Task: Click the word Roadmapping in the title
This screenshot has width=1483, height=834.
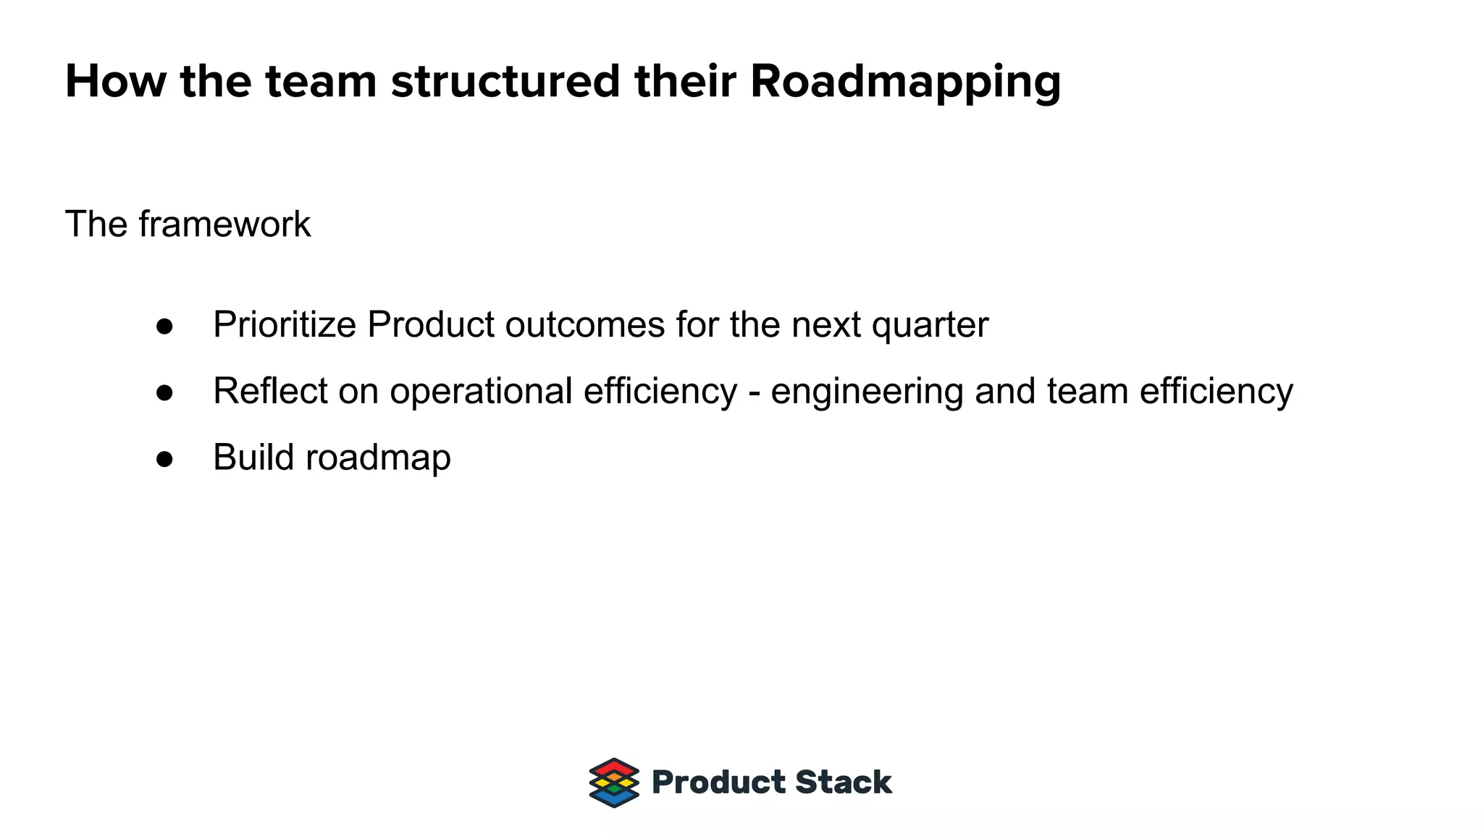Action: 905,83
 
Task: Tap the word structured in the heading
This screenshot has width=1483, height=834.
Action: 505,81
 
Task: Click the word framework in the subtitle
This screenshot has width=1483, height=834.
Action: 224,224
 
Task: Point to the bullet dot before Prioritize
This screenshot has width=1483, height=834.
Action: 165,327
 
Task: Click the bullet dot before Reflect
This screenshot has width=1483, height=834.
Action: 165,392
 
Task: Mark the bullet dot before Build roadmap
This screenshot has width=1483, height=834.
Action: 165,459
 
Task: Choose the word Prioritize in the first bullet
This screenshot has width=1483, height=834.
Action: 285,324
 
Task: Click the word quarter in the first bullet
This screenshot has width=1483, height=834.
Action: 930,326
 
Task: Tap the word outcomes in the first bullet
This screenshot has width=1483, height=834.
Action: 584,324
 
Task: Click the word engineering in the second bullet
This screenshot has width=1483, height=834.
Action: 867,392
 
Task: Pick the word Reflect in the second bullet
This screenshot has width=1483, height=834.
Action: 270,391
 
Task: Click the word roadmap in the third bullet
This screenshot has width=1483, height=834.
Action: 378,458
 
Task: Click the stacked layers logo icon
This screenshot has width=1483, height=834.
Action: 614,783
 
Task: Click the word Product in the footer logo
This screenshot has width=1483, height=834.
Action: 718,783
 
